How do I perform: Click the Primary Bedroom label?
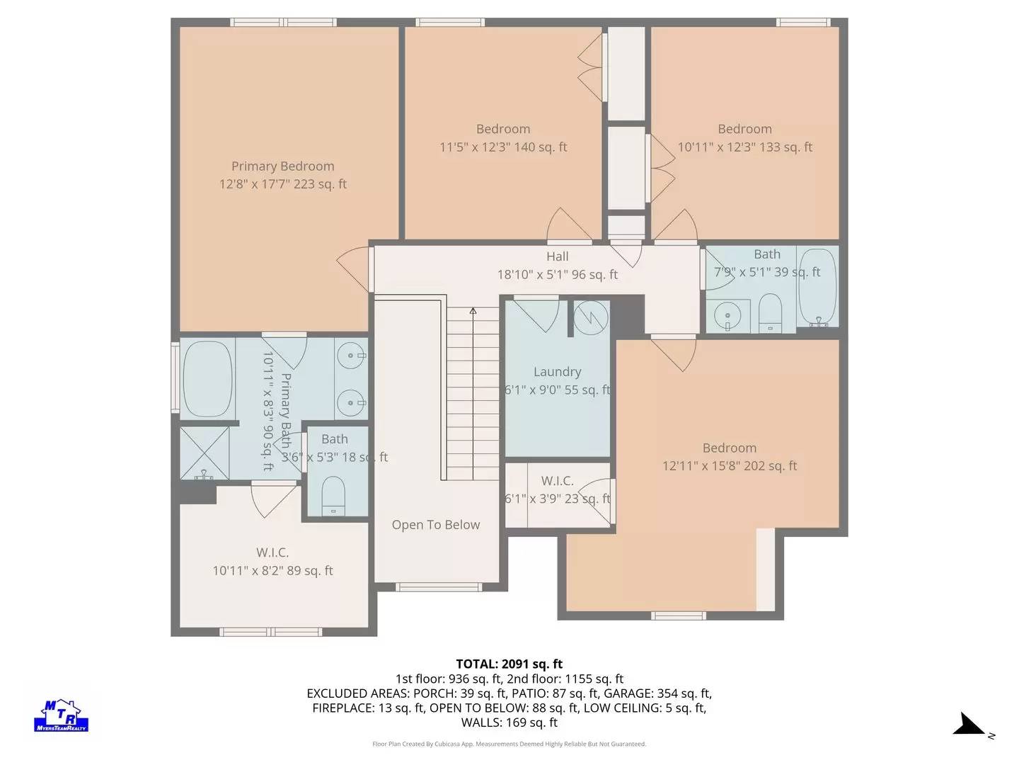282,166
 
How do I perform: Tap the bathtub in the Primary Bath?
207,379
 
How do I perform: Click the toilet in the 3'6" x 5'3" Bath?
333,495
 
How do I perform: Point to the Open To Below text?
435,525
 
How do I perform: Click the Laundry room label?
557,372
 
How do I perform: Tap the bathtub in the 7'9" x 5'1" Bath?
817,287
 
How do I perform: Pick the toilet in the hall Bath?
770,312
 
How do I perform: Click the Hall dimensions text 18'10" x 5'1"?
557,275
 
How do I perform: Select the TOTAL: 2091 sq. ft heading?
509,664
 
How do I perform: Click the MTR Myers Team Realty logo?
62,715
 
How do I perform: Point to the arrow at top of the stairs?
473,310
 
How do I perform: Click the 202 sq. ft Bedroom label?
729,457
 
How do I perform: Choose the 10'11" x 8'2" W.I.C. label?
272,562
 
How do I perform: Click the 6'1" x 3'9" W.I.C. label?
557,489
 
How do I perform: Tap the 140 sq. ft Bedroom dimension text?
502,147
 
